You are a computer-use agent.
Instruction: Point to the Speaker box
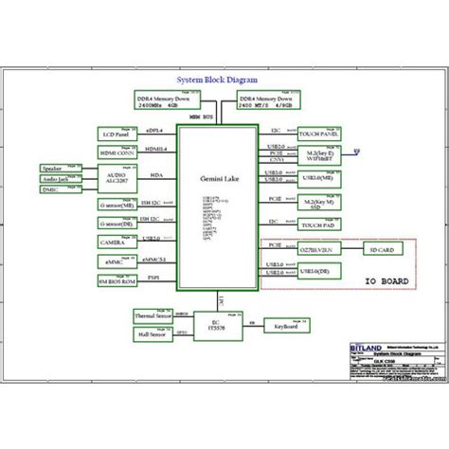tap(53, 168)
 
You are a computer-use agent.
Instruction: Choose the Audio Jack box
tap(53, 178)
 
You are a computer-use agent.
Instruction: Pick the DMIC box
tap(53, 189)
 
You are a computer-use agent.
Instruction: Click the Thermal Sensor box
tap(154, 316)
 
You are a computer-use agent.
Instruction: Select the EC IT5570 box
tap(215, 323)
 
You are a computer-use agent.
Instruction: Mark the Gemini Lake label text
tap(215, 179)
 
